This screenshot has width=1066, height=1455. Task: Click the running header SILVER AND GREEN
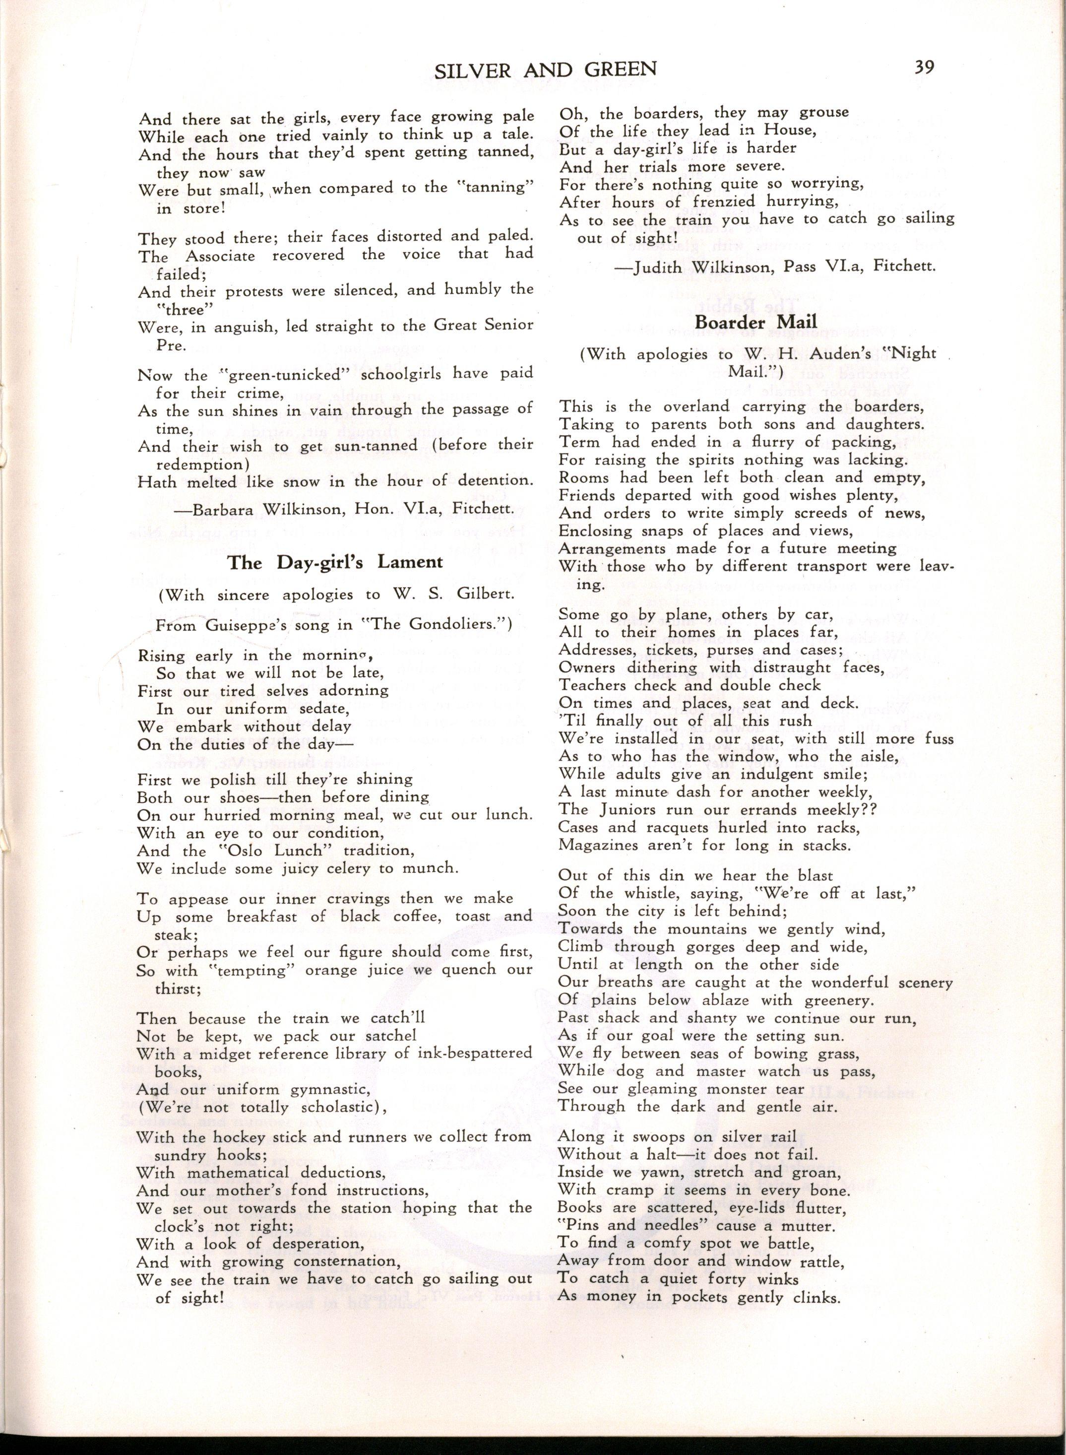tap(545, 69)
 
